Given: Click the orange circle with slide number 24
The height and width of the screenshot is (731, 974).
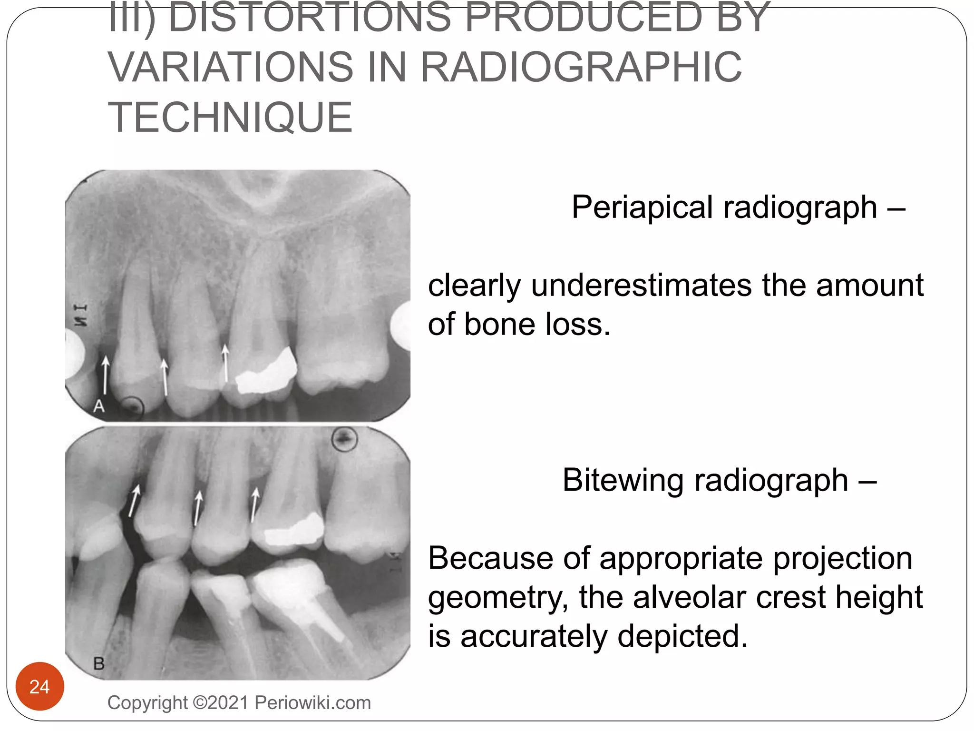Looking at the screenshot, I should (x=39, y=686).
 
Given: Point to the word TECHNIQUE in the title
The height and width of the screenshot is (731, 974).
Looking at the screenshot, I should (x=231, y=118).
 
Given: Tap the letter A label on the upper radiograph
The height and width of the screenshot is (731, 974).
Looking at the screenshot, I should (x=98, y=406).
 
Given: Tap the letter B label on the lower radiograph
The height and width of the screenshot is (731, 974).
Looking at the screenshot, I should (x=99, y=663).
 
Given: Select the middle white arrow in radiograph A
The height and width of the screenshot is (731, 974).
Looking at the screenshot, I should (x=165, y=377).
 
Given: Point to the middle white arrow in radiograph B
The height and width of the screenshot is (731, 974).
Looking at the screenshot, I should (x=197, y=508).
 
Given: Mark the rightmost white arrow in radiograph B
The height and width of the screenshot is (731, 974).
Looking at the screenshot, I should (x=254, y=504).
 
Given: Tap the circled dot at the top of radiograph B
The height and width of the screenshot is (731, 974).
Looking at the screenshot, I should (x=344, y=438).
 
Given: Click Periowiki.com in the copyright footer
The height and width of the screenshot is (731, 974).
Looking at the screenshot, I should (x=312, y=703).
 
